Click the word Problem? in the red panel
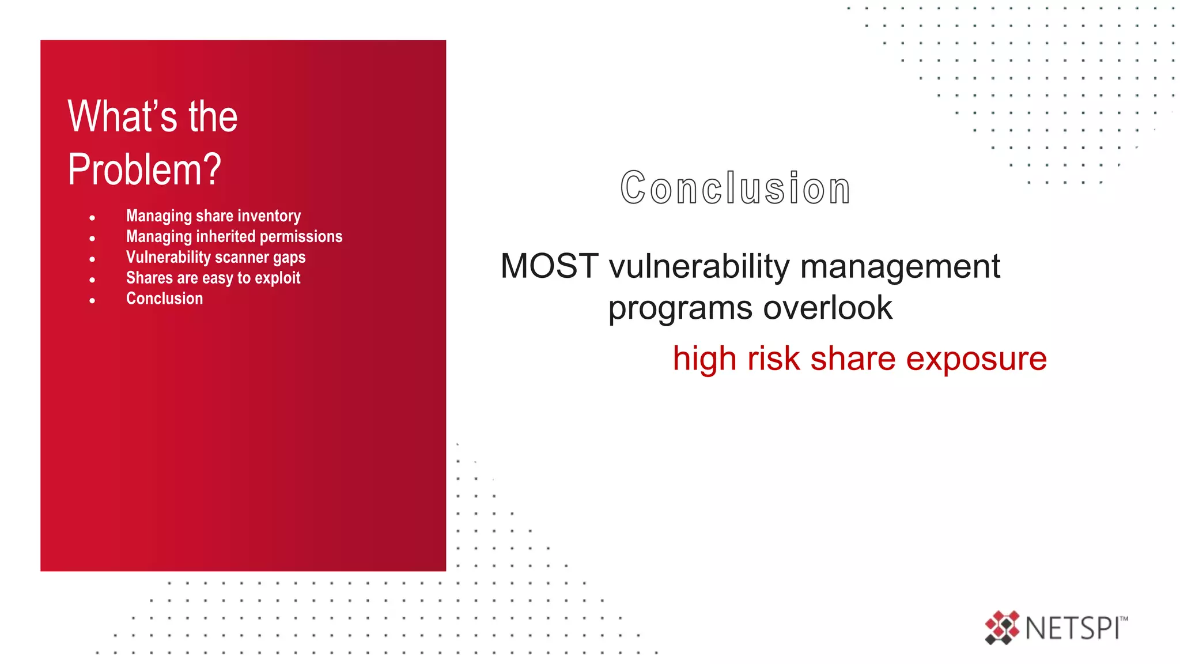pyautogui.click(x=144, y=169)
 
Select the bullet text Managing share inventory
pyautogui.click(x=213, y=216)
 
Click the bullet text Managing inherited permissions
pyautogui.click(x=234, y=237)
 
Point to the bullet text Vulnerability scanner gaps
pyautogui.click(x=215, y=258)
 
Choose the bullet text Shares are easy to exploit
pyautogui.click(x=213, y=278)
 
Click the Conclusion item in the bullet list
pyautogui.click(x=164, y=299)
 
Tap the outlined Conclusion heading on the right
pyautogui.click(x=735, y=188)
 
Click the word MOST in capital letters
pyautogui.click(x=549, y=266)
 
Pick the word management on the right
pyautogui.click(x=900, y=266)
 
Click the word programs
pyautogui.click(x=680, y=309)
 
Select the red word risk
pyautogui.click(x=773, y=359)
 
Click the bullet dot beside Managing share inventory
pyautogui.click(x=92, y=218)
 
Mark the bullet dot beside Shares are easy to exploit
pyautogui.click(x=92, y=280)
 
